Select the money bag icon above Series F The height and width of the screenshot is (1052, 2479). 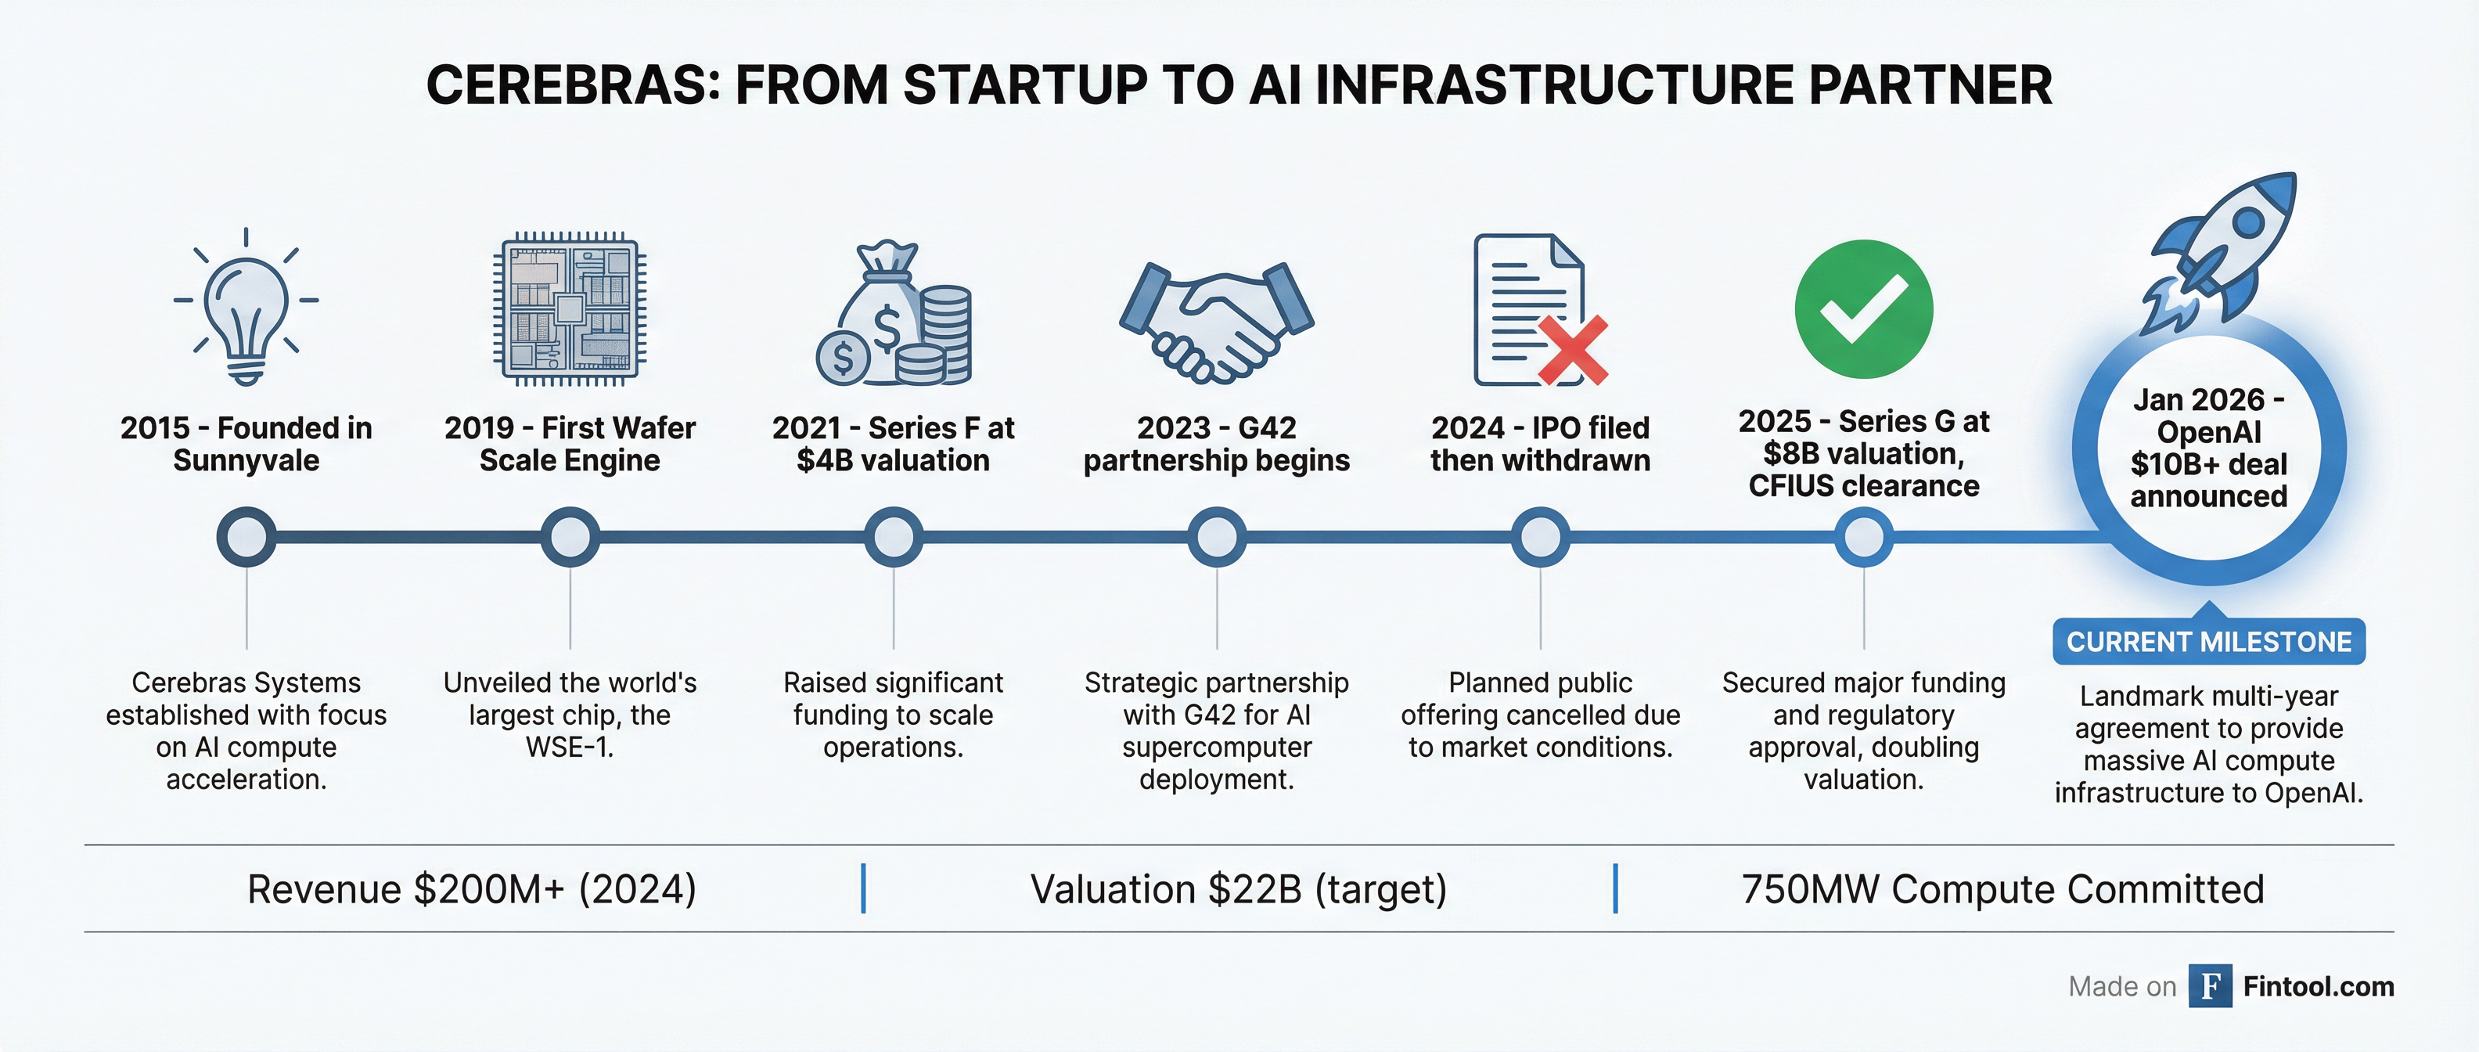coord(893,314)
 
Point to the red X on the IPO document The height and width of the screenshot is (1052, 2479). coord(1573,351)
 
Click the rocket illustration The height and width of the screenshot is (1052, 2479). coord(2218,252)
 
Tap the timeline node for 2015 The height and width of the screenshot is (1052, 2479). coord(246,536)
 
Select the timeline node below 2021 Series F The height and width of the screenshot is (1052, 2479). coord(893,536)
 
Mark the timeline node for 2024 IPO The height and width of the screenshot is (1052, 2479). coord(1541,536)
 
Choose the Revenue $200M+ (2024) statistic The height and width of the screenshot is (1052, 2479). coord(472,889)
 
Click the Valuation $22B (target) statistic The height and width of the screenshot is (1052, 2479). coord(1239,889)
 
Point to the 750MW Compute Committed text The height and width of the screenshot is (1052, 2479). coord(2002,889)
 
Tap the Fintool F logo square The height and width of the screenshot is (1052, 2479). coord(2211,985)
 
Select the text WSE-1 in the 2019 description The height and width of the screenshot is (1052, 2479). coord(569,747)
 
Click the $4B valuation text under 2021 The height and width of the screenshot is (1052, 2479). coord(893,460)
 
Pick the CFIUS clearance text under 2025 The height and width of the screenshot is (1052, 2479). coord(1863,486)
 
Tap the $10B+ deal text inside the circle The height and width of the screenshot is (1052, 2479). coord(2208,464)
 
